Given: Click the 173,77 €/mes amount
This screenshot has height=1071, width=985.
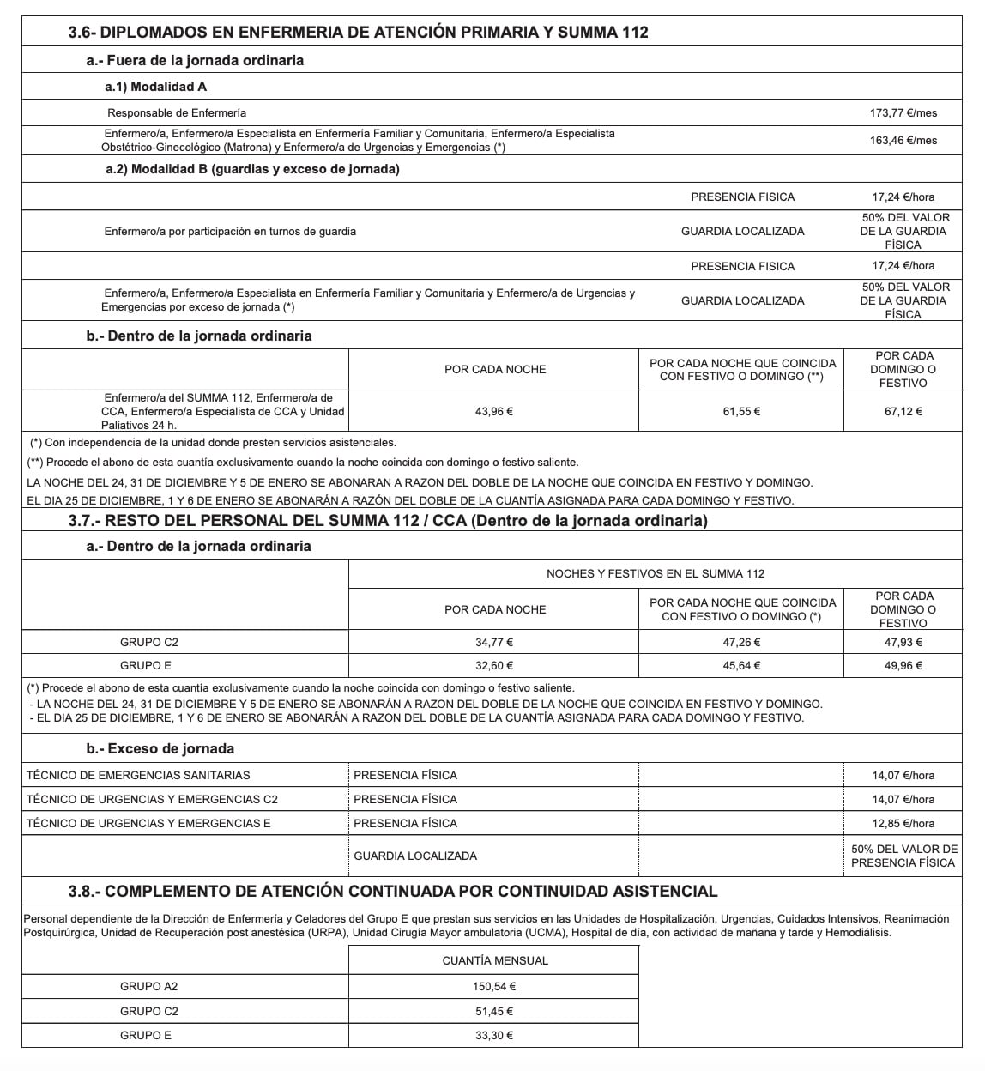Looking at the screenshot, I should click(903, 112).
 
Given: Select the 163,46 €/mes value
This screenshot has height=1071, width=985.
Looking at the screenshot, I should click(903, 140).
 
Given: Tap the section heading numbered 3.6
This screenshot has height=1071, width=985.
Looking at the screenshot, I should click(358, 33).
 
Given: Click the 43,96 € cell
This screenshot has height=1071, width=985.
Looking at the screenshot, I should click(493, 411).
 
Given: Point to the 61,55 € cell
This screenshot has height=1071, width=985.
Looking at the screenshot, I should click(742, 411).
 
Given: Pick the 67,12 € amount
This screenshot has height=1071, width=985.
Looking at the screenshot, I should click(903, 411).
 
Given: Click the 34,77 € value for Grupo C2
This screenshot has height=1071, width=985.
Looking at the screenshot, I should click(493, 642).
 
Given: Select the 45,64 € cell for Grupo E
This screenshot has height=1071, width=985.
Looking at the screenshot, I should click(742, 665).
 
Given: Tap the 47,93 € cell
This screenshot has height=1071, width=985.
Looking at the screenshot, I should click(903, 642).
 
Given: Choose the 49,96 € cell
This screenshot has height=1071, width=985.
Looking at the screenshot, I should click(903, 665).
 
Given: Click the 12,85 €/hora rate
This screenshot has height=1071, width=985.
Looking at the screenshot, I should click(903, 823).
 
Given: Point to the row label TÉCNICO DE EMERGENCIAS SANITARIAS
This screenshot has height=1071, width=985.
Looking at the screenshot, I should click(138, 775).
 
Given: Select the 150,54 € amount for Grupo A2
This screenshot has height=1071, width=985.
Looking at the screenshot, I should click(493, 986).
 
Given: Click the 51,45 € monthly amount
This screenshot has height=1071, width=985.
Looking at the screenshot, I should click(493, 1011).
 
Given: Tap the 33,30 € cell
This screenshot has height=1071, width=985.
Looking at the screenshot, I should click(493, 1035).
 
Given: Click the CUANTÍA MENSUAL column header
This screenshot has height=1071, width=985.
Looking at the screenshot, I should click(494, 960).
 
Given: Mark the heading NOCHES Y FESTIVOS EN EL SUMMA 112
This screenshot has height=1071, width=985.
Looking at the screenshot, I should click(656, 573).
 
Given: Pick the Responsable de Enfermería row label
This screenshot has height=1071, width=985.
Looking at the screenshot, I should click(177, 112).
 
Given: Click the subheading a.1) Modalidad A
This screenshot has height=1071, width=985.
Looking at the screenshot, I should click(155, 86).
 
